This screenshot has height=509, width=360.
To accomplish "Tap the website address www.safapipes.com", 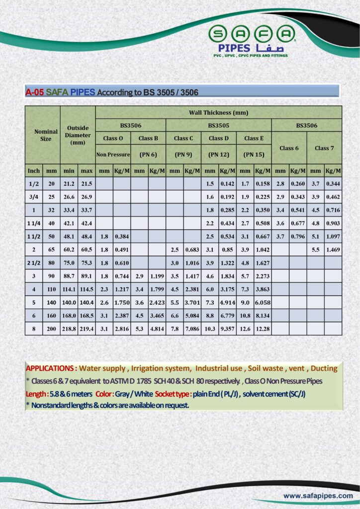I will tap(317, 496).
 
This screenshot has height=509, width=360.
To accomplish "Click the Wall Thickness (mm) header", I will tap(218, 112).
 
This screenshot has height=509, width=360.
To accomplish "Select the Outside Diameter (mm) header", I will tap(78, 135).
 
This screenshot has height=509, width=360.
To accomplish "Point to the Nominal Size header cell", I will tap(46, 135).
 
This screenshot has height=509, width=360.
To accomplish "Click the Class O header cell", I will tap(113, 138).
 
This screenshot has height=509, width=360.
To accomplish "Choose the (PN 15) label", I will tap(254, 154).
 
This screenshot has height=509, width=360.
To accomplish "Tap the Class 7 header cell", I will tap(324, 148).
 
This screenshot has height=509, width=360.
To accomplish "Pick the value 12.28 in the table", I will tap(263, 329).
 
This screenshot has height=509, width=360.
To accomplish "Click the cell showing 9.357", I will tap(227, 329).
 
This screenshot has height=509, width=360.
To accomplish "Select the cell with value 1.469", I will tap(333, 249).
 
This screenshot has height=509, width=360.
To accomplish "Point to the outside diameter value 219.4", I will tap(86, 329).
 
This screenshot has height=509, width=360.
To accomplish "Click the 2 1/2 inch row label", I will tap(34, 262).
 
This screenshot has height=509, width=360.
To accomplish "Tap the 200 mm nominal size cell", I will tap(51, 329).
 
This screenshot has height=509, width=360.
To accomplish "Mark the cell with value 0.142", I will tap(227, 184).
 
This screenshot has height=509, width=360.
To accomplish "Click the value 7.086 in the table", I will tap(192, 329).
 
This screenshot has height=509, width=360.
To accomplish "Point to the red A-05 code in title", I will tap(34, 92).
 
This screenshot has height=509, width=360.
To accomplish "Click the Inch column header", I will tap(34, 170).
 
